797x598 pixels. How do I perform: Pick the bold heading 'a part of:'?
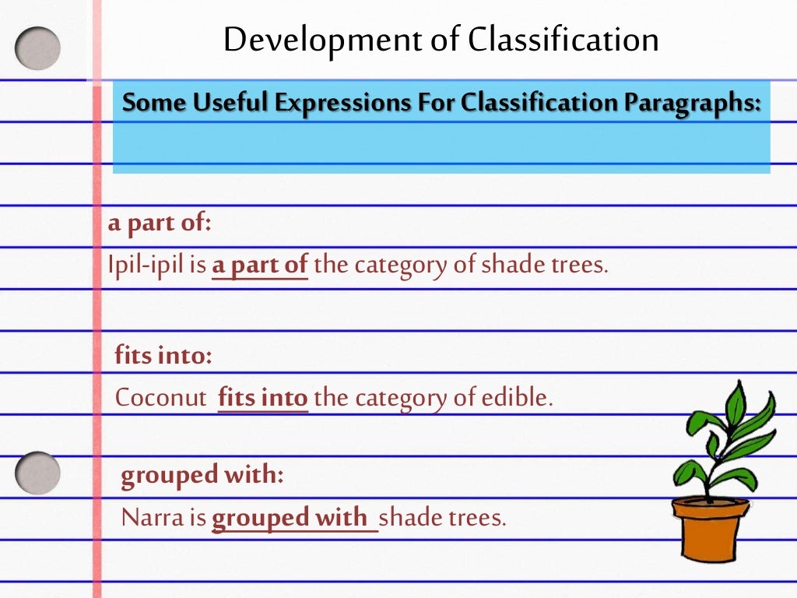coord(160,223)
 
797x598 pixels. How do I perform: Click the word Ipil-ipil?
coord(145,266)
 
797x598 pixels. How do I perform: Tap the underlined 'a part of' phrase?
coord(260,266)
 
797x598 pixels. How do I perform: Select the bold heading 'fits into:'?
coord(163,357)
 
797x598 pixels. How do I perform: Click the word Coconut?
coord(161,398)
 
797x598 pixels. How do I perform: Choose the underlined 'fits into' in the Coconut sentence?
coord(263,398)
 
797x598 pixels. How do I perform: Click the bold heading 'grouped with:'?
coord(202,475)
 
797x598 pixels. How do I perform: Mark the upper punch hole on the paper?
coord(37,48)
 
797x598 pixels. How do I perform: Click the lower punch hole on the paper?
coord(37,473)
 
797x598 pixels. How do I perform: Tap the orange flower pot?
coord(709,529)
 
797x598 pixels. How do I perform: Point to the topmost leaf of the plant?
coord(736,402)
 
